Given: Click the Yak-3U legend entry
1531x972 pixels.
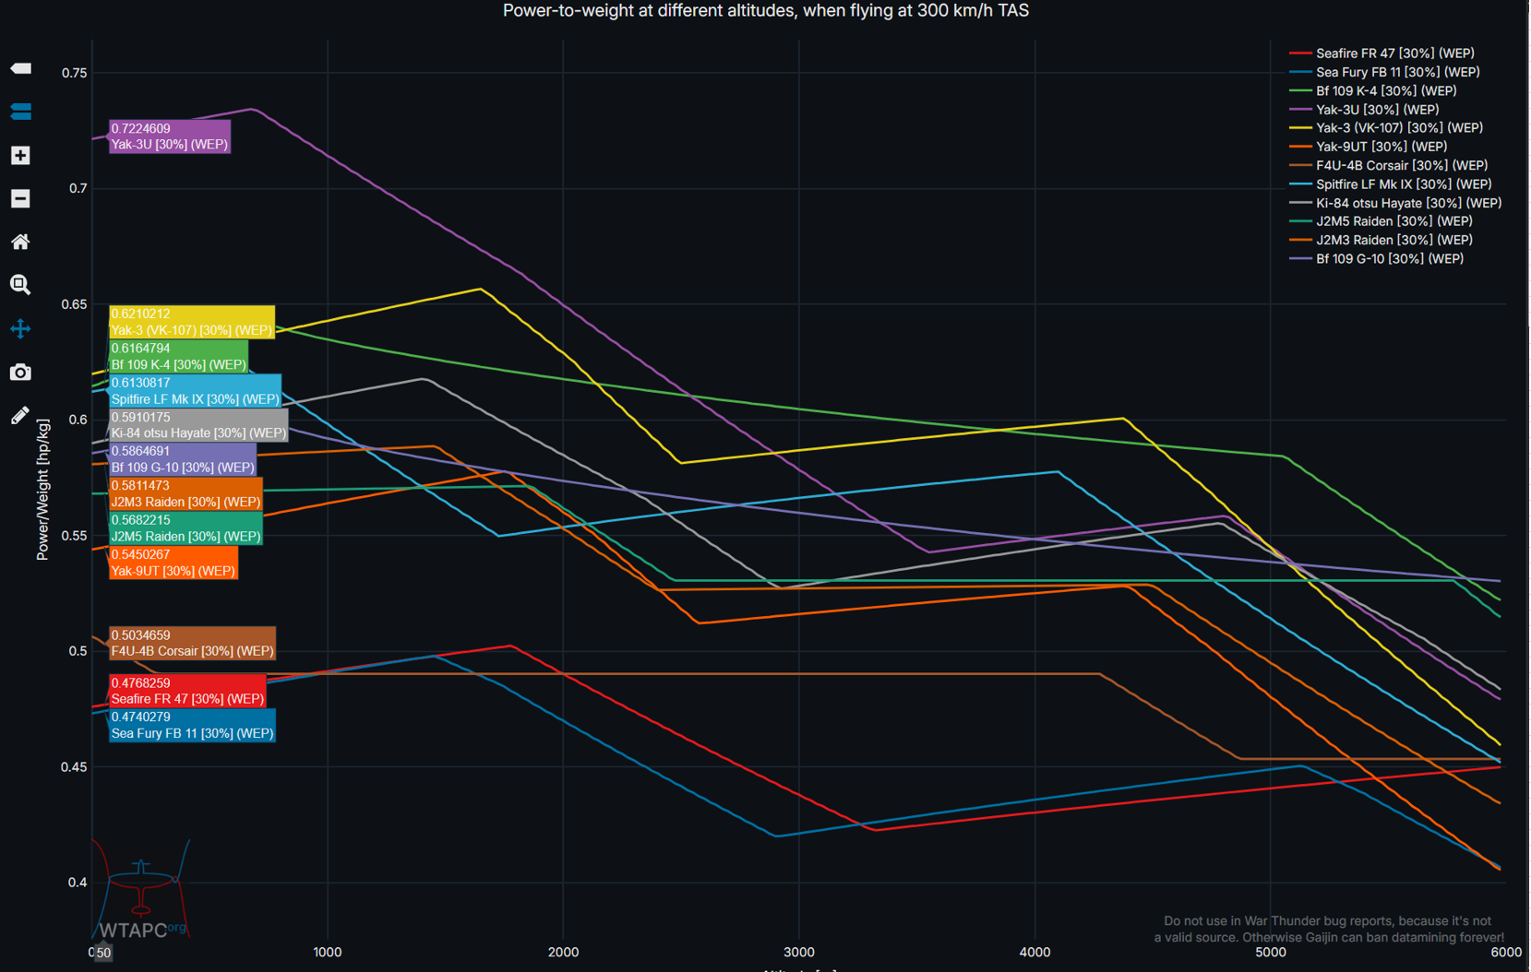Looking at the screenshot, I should pos(1376,110).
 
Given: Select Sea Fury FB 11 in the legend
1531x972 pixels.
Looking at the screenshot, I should pos(1396,72).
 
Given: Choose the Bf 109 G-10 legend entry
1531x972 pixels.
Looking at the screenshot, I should pos(1389,259).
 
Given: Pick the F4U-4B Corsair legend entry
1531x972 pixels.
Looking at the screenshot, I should pos(1401,166).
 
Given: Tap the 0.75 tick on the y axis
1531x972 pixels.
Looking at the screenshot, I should pos(75,73).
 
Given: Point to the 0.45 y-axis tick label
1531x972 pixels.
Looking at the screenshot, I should pos(75,767).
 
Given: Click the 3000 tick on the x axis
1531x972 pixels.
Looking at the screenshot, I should pos(799,952).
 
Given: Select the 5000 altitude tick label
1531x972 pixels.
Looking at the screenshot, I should pos(1270,952).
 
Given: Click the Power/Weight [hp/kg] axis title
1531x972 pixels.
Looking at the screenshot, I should pos(42,490).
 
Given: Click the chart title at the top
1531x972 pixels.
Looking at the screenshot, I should pos(765,11).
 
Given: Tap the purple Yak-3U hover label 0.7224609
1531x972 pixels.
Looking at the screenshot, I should pos(170,136).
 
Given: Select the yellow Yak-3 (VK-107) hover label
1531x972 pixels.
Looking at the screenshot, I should pos(192,322).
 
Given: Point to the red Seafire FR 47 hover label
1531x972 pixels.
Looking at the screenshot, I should pos(187,691).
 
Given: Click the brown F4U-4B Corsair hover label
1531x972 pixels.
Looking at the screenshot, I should pos(192,643).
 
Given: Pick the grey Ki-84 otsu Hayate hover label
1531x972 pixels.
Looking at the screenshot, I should pos(198,425).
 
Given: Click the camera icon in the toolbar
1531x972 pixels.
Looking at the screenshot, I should pos(20,373).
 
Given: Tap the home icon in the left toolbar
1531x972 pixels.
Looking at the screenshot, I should pos(20,242).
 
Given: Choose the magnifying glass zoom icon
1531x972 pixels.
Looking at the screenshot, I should pos(20,285).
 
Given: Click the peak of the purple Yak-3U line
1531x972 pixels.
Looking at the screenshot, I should pos(252,109).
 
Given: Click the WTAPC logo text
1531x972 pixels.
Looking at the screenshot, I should pos(134,931).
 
